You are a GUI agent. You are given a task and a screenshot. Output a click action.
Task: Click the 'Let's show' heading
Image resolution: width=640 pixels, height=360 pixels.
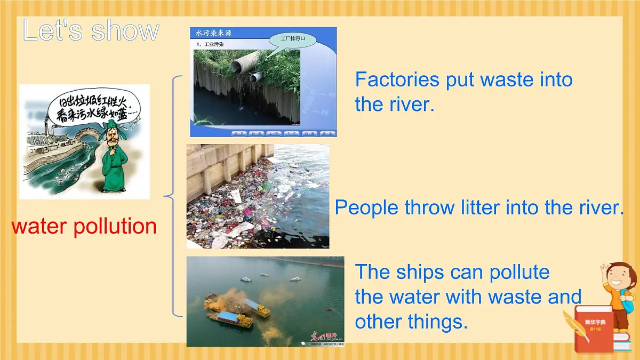pos(91,30)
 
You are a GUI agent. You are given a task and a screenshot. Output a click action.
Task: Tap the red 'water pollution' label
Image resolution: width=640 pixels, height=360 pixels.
pos(84,226)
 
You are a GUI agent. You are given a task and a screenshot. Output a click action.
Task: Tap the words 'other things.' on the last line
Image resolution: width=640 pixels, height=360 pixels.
pos(411,321)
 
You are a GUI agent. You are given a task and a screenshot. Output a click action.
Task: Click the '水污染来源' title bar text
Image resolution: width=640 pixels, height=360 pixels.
pos(214,33)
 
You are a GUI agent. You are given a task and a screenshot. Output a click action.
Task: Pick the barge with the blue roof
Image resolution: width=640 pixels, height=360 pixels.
pos(230,318)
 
